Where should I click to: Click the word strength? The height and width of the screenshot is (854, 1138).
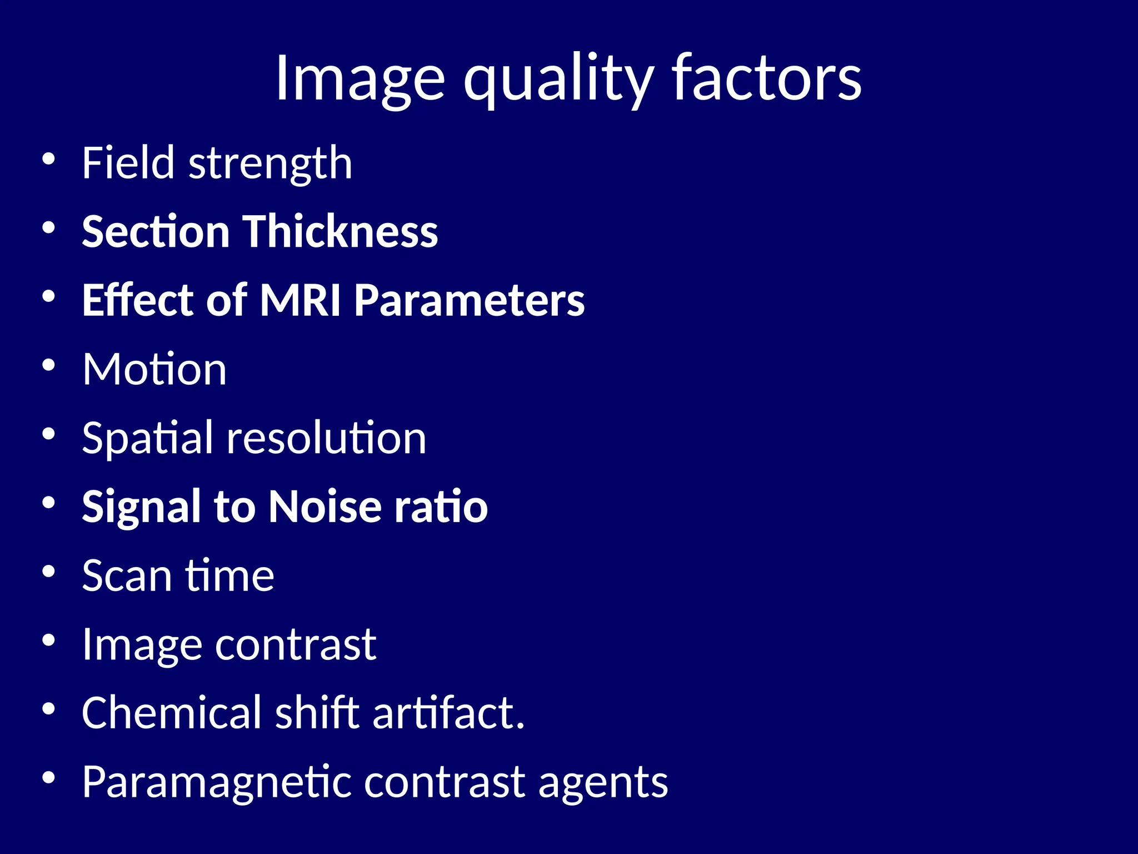click(271, 164)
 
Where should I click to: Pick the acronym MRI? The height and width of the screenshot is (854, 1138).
click(300, 300)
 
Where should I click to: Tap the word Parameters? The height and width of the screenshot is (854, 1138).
click(470, 300)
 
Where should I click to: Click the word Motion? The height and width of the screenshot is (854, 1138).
click(154, 369)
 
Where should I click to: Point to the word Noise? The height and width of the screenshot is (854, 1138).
click(325, 507)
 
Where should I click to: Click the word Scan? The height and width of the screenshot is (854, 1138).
click(127, 575)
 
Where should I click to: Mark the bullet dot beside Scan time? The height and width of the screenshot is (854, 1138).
click(49, 572)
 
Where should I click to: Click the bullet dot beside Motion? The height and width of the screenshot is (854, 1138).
click(49, 365)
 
